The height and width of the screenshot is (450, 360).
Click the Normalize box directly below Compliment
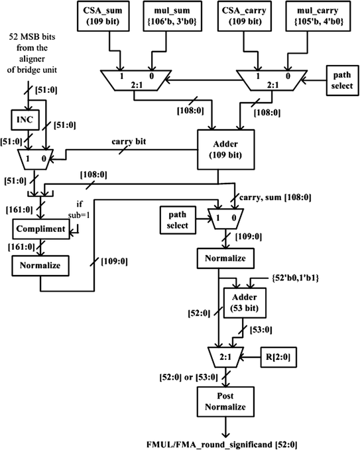pos(37,266)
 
